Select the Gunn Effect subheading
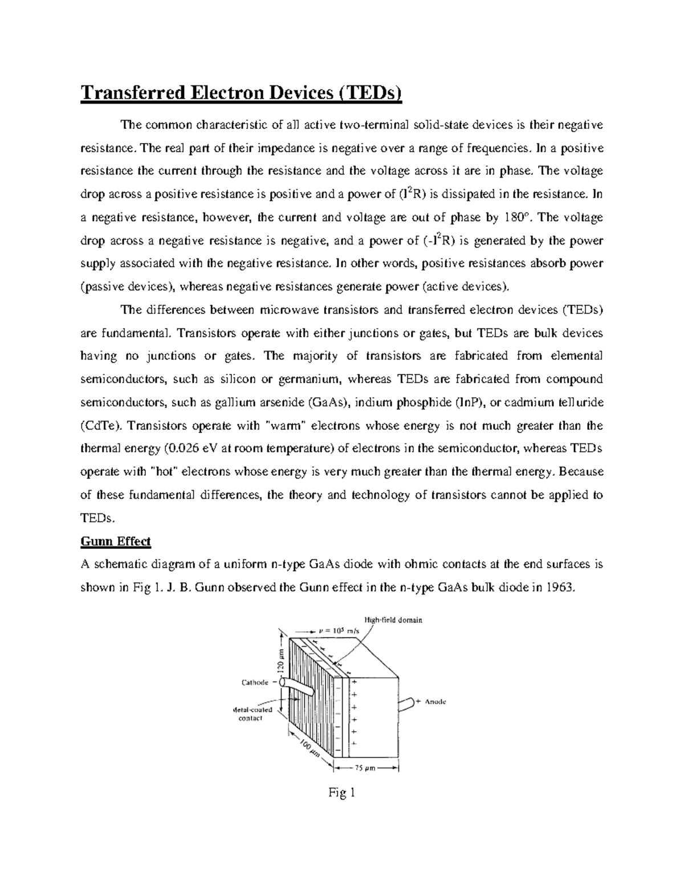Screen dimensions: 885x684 (116, 541)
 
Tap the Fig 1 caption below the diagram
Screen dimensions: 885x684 (341, 793)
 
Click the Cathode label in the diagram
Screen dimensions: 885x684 (255, 682)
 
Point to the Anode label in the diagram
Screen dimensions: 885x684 (435, 702)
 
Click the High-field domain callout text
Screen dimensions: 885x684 (393, 619)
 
